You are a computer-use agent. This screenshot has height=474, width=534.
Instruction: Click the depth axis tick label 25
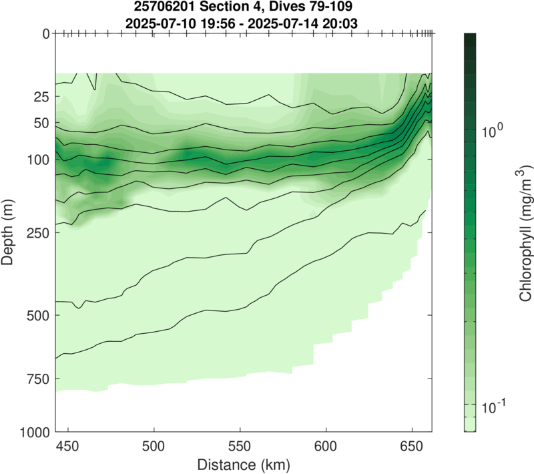(41, 97)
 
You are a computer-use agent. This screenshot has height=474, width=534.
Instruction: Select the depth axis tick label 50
(41, 124)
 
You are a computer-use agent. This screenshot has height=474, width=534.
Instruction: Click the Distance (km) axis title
(244, 463)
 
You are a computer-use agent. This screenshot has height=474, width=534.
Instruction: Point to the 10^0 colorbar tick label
(494, 130)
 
